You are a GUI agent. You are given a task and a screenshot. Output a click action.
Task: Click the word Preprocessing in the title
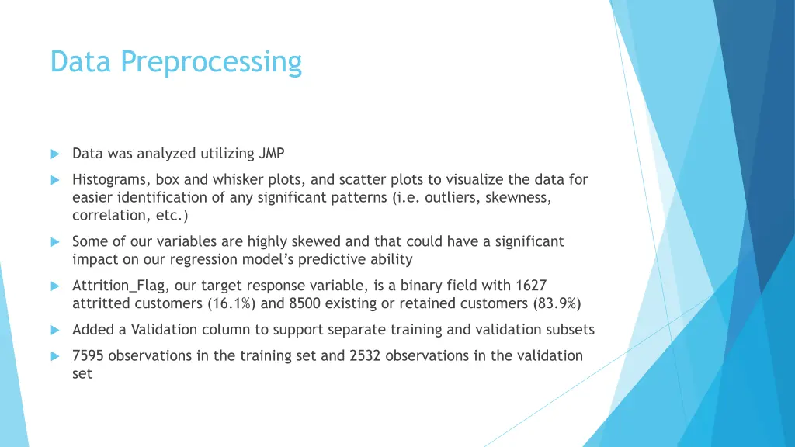click(211, 62)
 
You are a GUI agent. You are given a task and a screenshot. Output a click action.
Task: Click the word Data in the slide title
click(82, 61)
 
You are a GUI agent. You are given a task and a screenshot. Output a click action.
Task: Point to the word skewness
click(519, 197)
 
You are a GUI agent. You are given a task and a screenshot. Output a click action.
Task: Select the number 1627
click(530, 285)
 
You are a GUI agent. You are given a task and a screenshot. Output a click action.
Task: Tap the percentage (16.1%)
click(233, 303)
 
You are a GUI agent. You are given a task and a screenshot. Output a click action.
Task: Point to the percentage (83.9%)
click(557, 303)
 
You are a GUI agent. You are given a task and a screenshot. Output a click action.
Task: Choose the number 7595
click(89, 355)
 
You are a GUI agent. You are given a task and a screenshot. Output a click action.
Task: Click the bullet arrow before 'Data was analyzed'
click(55, 154)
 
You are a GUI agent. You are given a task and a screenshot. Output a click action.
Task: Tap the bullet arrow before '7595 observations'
click(55, 356)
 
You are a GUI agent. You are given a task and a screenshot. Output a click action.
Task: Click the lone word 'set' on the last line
click(82, 374)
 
